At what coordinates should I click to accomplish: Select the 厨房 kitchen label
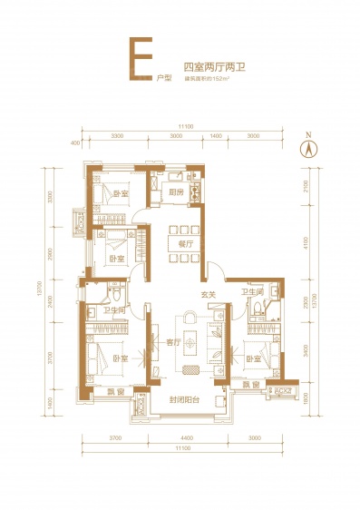pos(176,192)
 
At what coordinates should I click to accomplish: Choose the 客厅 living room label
pos(174,343)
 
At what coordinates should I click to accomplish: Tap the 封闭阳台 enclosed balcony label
pos(182,399)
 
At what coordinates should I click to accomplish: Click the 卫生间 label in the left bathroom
pos(113,309)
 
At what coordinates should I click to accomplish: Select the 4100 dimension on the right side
pos(306,242)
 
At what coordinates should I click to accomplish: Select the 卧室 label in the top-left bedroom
pos(121,193)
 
